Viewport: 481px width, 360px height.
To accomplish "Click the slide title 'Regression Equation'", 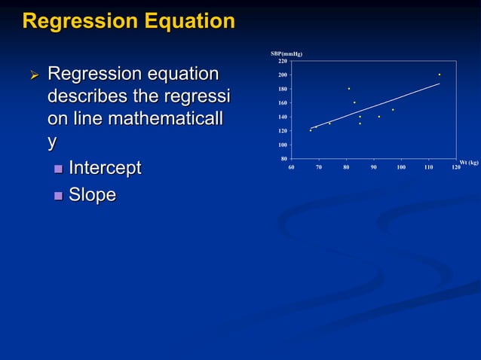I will [x=129, y=21].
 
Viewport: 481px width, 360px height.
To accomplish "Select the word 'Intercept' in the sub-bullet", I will [x=105, y=167].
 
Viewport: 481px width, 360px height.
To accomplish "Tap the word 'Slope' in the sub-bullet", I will [x=92, y=195].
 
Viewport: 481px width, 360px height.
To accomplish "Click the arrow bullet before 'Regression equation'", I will [x=32, y=75].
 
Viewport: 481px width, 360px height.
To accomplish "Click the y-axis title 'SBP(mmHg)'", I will [x=286, y=54].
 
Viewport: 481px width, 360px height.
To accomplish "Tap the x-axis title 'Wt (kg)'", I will [x=469, y=162].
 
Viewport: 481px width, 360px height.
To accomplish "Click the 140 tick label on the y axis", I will [x=282, y=117].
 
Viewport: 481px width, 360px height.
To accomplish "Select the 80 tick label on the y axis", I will [x=283, y=158].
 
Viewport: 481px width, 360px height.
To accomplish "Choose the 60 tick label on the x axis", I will [x=291, y=166].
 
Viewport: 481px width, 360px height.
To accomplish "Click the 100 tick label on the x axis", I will [x=400, y=166].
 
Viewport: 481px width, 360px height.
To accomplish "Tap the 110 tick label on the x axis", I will [x=428, y=166].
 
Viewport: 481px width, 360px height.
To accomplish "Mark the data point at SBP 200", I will [x=440, y=75].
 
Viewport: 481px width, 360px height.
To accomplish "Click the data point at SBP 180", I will [x=349, y=89].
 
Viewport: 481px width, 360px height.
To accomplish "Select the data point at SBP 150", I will [x=393, y=110].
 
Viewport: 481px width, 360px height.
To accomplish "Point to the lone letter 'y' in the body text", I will [x=52, y=142].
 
